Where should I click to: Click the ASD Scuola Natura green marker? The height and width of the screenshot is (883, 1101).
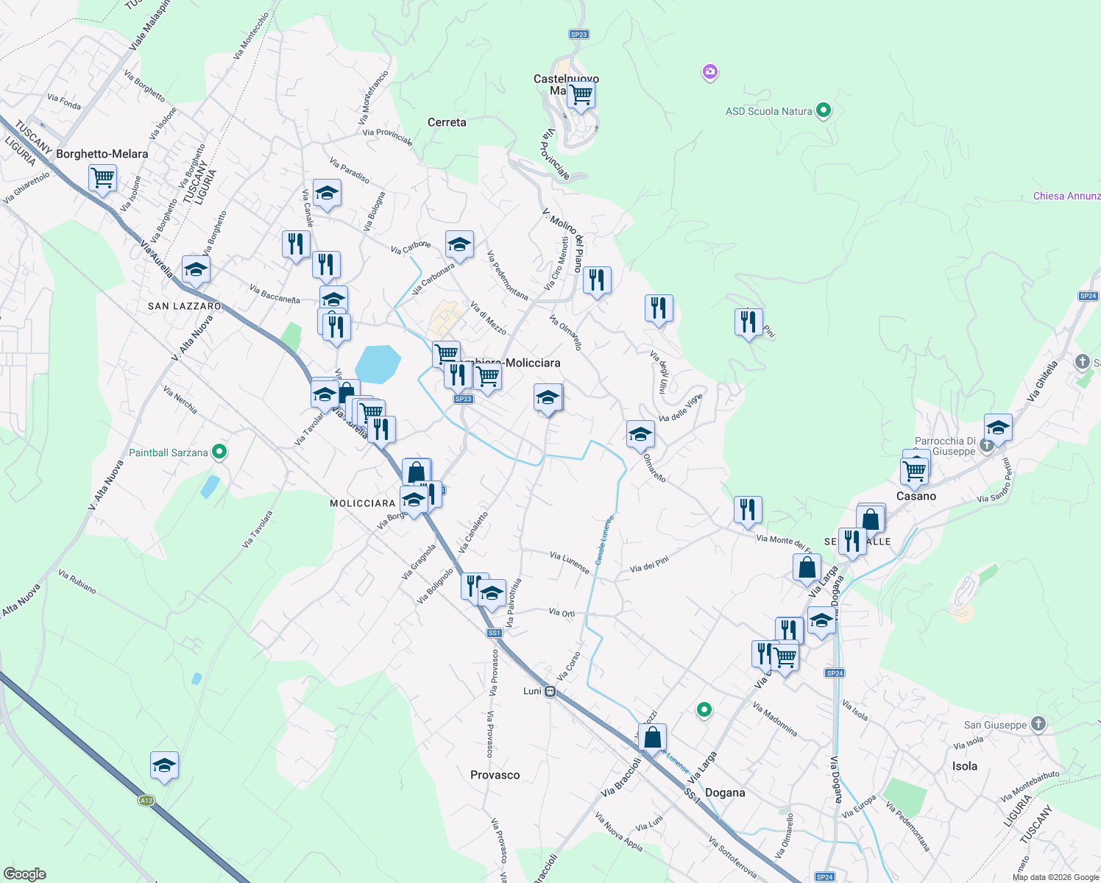824,111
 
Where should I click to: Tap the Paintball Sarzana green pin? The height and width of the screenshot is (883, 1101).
219,453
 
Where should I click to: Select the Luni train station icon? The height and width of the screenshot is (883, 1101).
550,691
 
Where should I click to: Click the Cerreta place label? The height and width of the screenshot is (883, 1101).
447,122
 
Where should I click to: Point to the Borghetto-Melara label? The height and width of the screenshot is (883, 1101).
102,154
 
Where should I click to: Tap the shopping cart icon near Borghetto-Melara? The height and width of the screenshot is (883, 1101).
102,177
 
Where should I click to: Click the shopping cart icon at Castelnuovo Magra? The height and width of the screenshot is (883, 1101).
581,94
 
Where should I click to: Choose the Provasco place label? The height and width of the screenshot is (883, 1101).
495,775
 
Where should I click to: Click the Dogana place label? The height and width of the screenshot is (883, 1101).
725,792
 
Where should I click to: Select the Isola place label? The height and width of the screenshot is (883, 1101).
965,766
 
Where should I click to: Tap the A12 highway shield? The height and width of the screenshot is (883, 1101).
146,801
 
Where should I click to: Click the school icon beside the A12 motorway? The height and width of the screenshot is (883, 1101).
164,766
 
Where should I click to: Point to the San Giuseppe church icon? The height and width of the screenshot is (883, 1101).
1038,724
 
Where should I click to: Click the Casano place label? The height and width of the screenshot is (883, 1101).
916,496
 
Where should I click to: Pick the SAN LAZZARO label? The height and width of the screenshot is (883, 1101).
184,306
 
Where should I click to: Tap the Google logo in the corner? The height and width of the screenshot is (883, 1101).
24,874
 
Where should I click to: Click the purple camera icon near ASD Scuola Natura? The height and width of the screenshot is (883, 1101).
709,72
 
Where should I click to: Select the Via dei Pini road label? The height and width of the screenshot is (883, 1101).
649,565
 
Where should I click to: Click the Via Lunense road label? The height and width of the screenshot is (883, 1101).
570,563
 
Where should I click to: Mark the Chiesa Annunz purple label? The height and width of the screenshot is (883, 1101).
1066,196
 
